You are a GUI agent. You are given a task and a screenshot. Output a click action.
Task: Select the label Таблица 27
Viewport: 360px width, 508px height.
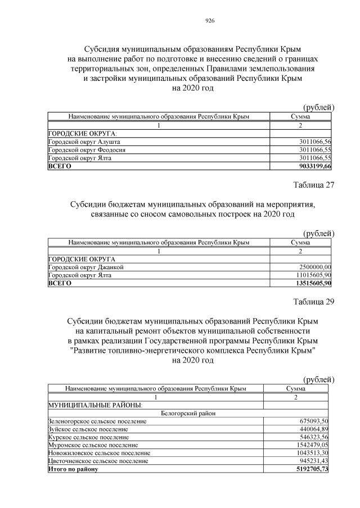pyautogui.click(x=313, y=185)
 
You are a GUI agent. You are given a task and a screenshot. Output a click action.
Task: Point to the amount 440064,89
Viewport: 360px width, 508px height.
pyautogui.click(x=314, y=429)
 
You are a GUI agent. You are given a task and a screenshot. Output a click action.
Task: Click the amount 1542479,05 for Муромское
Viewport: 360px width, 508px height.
pyautogui.click(x=312, y=444)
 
